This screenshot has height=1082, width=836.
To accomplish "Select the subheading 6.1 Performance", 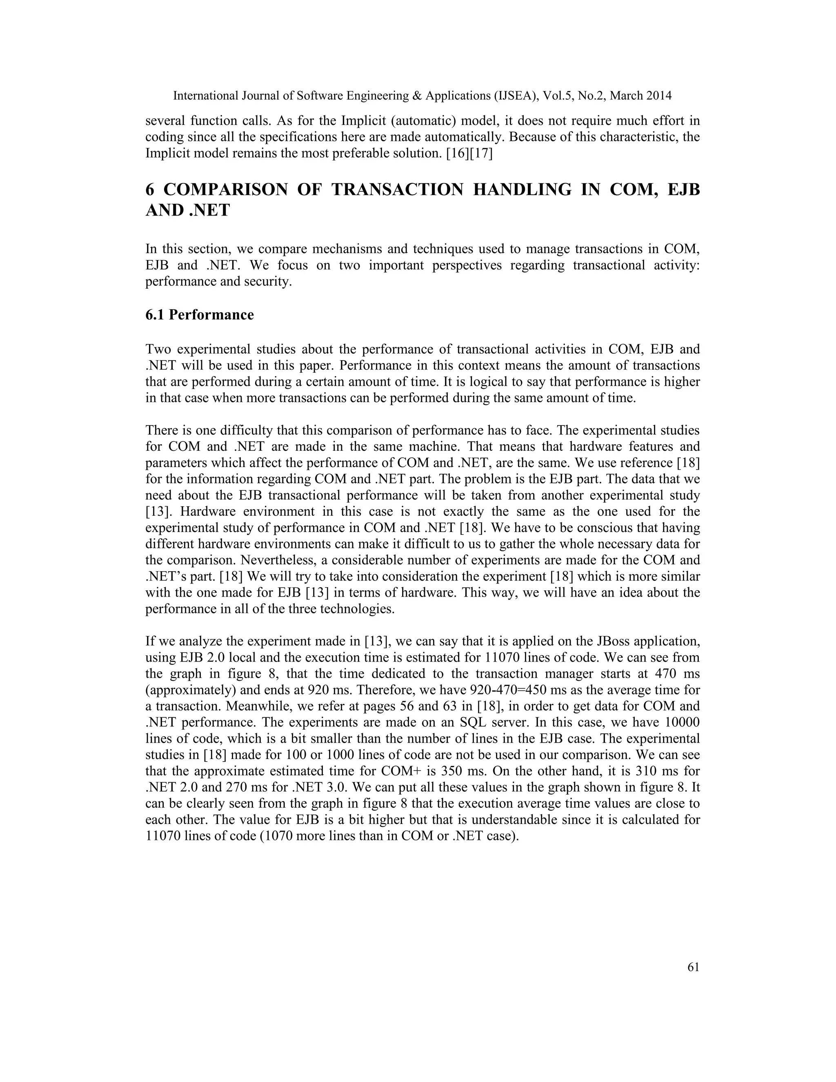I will click(x=199, y=315).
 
